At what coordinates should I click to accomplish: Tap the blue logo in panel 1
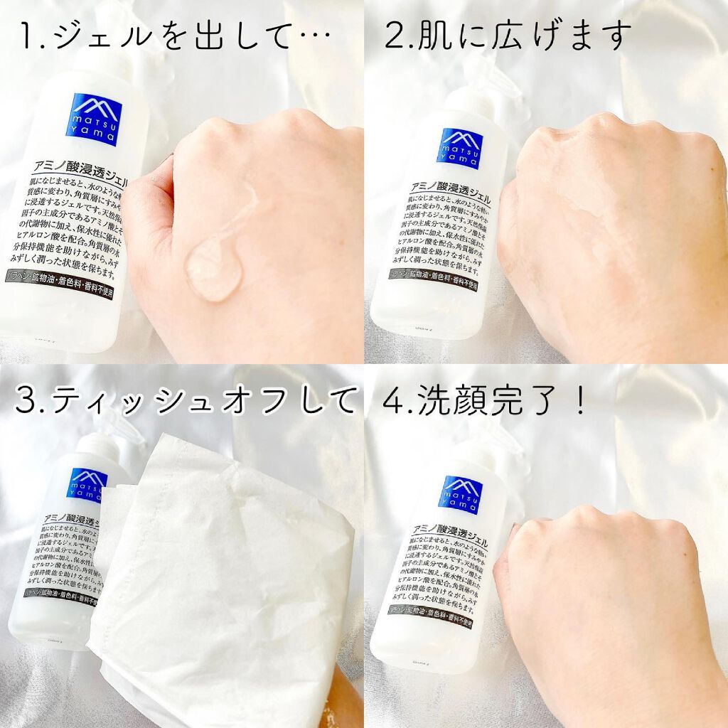(97, 119)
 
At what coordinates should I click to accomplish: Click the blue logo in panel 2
(459, 149)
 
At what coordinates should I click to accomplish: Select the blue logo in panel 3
(87, 483)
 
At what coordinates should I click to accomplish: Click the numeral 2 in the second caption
(393, 36)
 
